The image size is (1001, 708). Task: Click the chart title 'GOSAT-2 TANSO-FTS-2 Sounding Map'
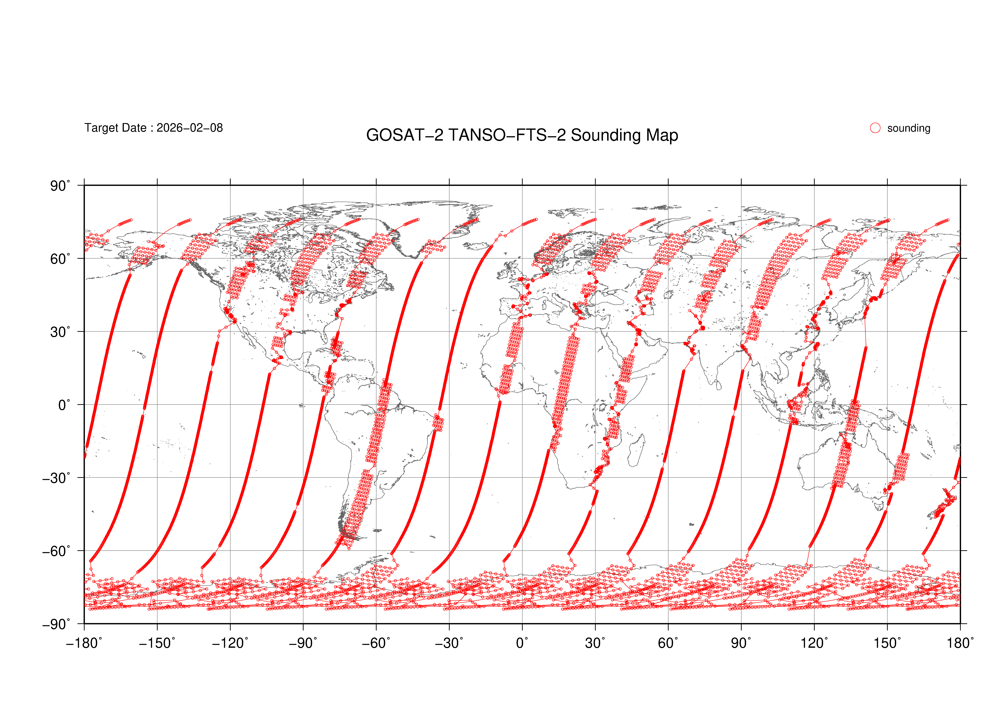tap(522, 135)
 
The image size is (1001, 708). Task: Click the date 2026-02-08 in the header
tap(190, 128)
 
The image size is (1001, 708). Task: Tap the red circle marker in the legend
tap(875, 128)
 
